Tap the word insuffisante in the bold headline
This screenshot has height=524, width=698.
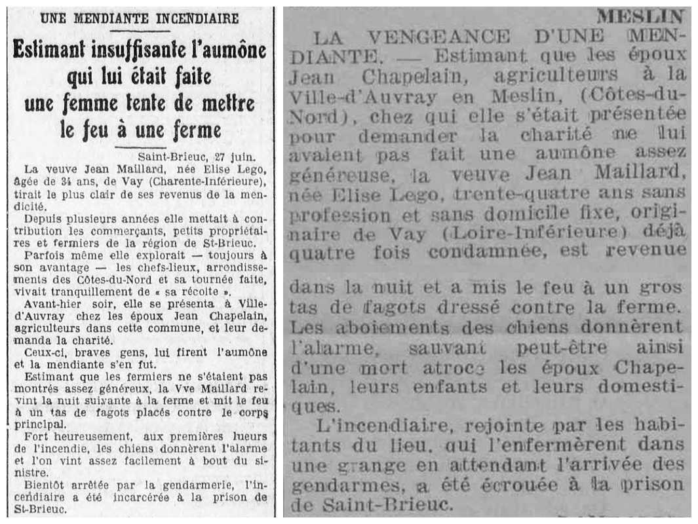(140, 50)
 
